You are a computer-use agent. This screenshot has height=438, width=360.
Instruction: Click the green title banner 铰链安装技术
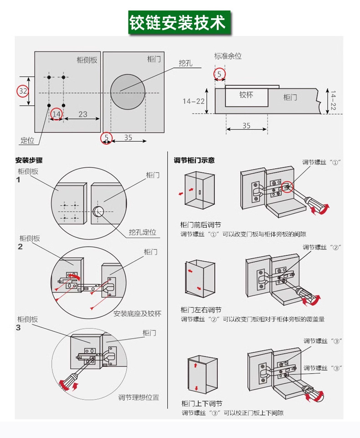180,22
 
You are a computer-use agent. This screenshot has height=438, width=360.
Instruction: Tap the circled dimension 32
23,91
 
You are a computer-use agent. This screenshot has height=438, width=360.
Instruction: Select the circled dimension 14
57,114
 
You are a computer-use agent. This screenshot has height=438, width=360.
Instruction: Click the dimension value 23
82,114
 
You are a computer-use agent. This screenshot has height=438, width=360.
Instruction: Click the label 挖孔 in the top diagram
185,63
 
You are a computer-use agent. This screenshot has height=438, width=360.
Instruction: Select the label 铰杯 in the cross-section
246,95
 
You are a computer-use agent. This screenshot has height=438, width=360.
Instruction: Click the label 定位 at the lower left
27,140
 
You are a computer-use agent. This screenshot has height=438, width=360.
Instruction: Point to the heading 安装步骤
29,160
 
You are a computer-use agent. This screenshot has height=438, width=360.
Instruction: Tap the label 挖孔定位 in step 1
142,232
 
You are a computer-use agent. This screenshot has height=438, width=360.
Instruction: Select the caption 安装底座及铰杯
137,314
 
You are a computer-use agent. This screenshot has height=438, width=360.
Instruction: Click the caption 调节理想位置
139,397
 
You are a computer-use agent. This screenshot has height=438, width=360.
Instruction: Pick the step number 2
20,247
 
